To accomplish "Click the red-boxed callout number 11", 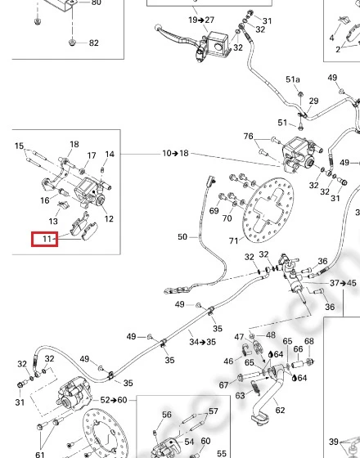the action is coord(47,239).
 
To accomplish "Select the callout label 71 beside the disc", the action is coord(233,240).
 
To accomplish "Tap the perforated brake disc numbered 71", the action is coord(268,209).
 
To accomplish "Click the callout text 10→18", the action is coord(176,153).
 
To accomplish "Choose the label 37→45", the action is coord(343,283).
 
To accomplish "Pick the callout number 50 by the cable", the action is coord(182,236).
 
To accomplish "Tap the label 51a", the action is coord(293,79).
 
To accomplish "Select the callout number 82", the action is coord(93,43).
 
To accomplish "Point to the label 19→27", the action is coord(201,20).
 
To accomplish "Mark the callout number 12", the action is coord(109,218).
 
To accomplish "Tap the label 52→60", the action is coord(114,400).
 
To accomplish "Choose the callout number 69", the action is coord(214,211).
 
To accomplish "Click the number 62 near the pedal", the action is coord(280,410).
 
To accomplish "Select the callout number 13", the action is coord(53,221).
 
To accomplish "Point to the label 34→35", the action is coord(203,342).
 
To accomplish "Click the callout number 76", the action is coord(249,136).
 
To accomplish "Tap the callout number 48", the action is coord(271,335).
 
